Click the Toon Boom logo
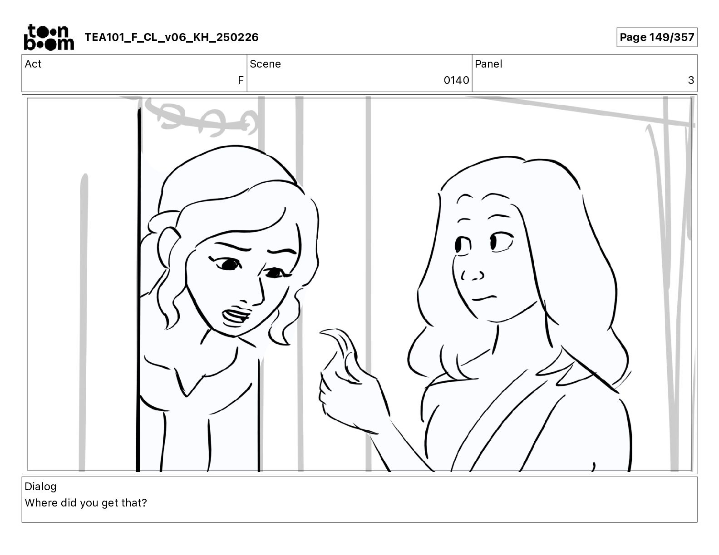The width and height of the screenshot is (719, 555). (49, 37)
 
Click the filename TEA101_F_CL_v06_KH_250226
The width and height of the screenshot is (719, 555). (172, 37)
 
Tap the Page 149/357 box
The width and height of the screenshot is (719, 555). (657, 37)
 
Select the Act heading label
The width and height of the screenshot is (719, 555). (33, 64)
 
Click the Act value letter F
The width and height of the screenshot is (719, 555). (241, 80)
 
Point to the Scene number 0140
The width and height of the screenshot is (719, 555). (456, 80)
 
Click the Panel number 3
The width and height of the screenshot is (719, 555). (691, 80)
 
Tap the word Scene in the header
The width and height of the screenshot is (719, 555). (265, 64)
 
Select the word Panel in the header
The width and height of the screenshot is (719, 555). (488, 64)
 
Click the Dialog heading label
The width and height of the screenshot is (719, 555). (40, 487)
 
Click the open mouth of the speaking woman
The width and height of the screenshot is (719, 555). (236, 316)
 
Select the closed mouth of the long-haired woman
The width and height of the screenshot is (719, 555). (485, 298)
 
